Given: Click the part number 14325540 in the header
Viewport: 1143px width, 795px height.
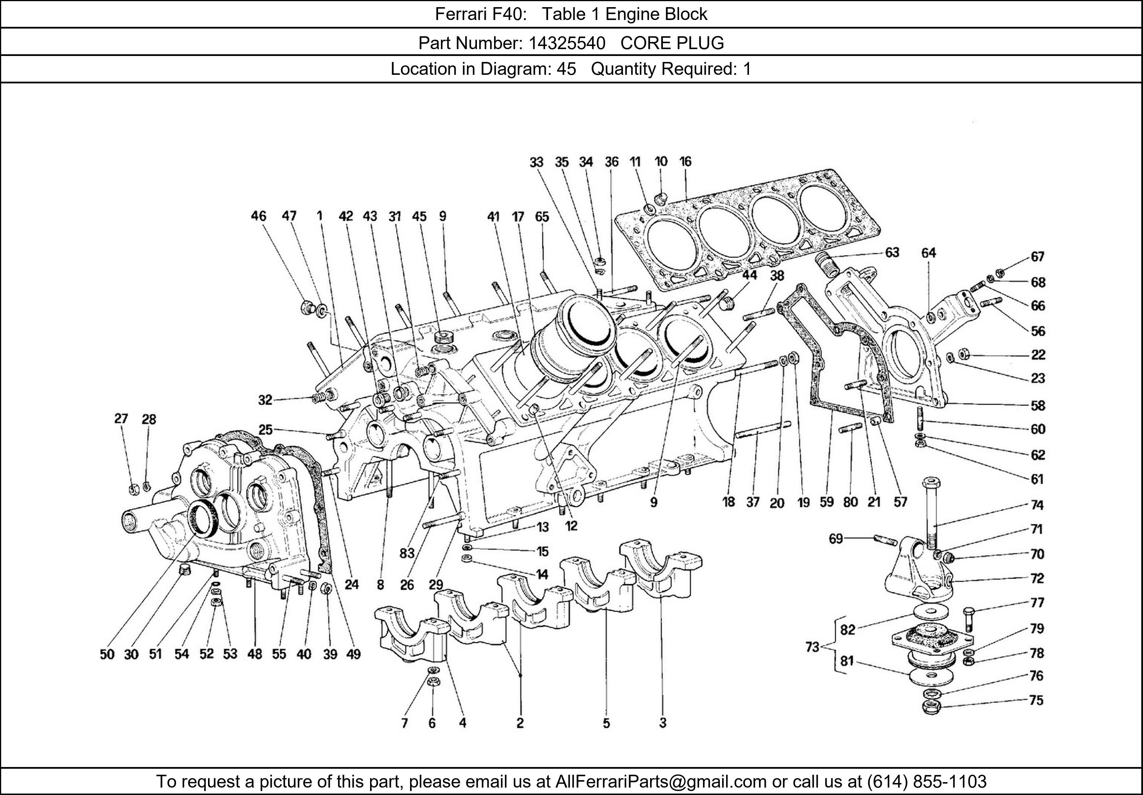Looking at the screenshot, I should pos(567,43).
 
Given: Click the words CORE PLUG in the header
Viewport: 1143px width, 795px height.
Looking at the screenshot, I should pos(672,43).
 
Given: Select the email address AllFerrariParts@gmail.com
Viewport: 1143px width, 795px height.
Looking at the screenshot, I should pos(661,782).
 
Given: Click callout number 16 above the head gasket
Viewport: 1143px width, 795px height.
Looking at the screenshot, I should pos(686,162).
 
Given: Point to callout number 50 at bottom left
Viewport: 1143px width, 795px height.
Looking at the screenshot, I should pos(107,654).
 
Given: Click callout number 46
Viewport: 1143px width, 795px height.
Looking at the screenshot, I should pos(258,216).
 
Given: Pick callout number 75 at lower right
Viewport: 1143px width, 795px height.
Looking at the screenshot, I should pos(1036,700).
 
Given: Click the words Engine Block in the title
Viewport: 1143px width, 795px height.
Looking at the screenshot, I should pos(656,14).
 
